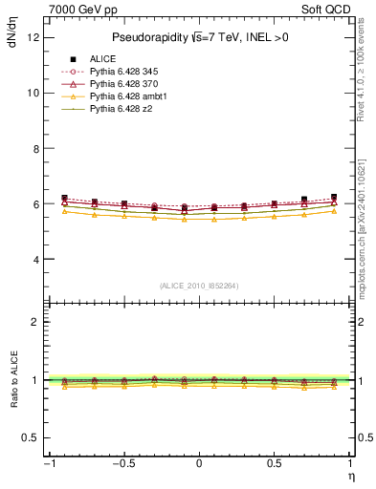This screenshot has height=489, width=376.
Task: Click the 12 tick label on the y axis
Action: pos(33,37)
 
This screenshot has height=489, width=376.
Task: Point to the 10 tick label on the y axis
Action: pos(33,93)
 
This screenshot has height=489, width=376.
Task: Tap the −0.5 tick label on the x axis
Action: pos(122,464)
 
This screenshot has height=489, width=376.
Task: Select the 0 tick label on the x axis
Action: pos(199,464)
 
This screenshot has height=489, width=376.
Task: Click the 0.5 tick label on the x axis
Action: pos(274,464)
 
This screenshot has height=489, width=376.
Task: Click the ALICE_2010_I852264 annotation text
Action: pos(199,286)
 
